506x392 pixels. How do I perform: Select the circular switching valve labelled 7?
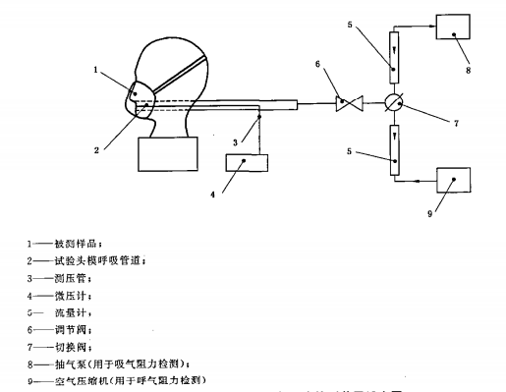394,100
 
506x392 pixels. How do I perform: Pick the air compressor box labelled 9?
453,183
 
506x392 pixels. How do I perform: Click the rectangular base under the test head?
166,153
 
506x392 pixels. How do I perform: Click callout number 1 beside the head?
96,70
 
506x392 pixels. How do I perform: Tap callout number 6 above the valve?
317,65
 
